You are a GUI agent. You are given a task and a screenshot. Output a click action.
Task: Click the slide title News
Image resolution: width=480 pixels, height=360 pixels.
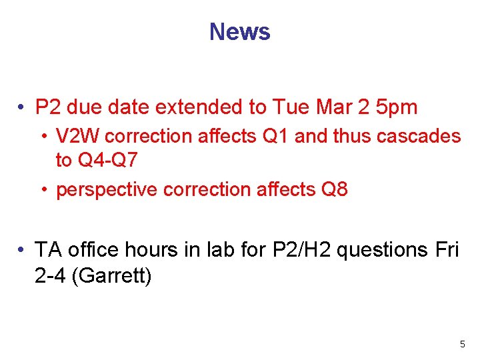point(239,31)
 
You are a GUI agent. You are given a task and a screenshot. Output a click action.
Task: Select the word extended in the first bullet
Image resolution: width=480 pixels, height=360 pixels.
point(211,107)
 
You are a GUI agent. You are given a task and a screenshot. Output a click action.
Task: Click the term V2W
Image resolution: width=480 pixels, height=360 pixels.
point(78,137)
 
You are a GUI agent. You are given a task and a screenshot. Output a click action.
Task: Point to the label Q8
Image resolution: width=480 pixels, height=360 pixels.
point(334,190)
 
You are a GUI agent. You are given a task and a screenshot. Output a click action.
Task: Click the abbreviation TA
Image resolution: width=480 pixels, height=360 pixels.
point(48,250)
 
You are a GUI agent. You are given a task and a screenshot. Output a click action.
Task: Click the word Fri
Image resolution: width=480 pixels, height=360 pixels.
point(446,250)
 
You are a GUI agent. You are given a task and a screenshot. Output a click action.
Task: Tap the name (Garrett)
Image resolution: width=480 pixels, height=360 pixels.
point(111,275)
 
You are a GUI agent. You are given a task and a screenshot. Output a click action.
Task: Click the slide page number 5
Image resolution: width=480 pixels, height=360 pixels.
point(462,345)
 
